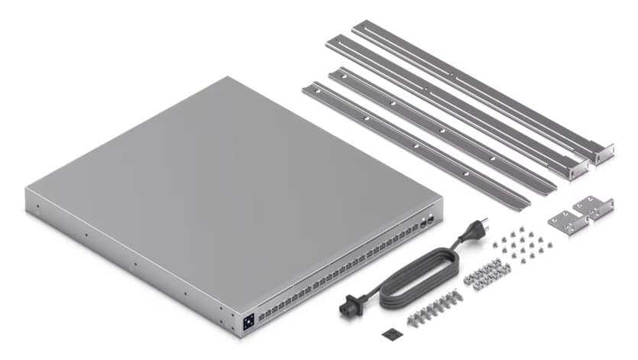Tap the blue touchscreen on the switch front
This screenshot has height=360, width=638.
(249, 323)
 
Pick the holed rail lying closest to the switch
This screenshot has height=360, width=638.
(413, 146)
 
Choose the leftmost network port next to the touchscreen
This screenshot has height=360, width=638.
(262, 314)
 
